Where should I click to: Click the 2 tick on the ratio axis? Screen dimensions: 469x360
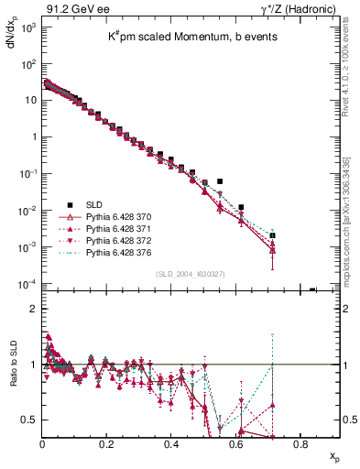pyautogui.click(x=33, y=309)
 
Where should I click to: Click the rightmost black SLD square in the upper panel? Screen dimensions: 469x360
pyautogui.click(x=312, y=290)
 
